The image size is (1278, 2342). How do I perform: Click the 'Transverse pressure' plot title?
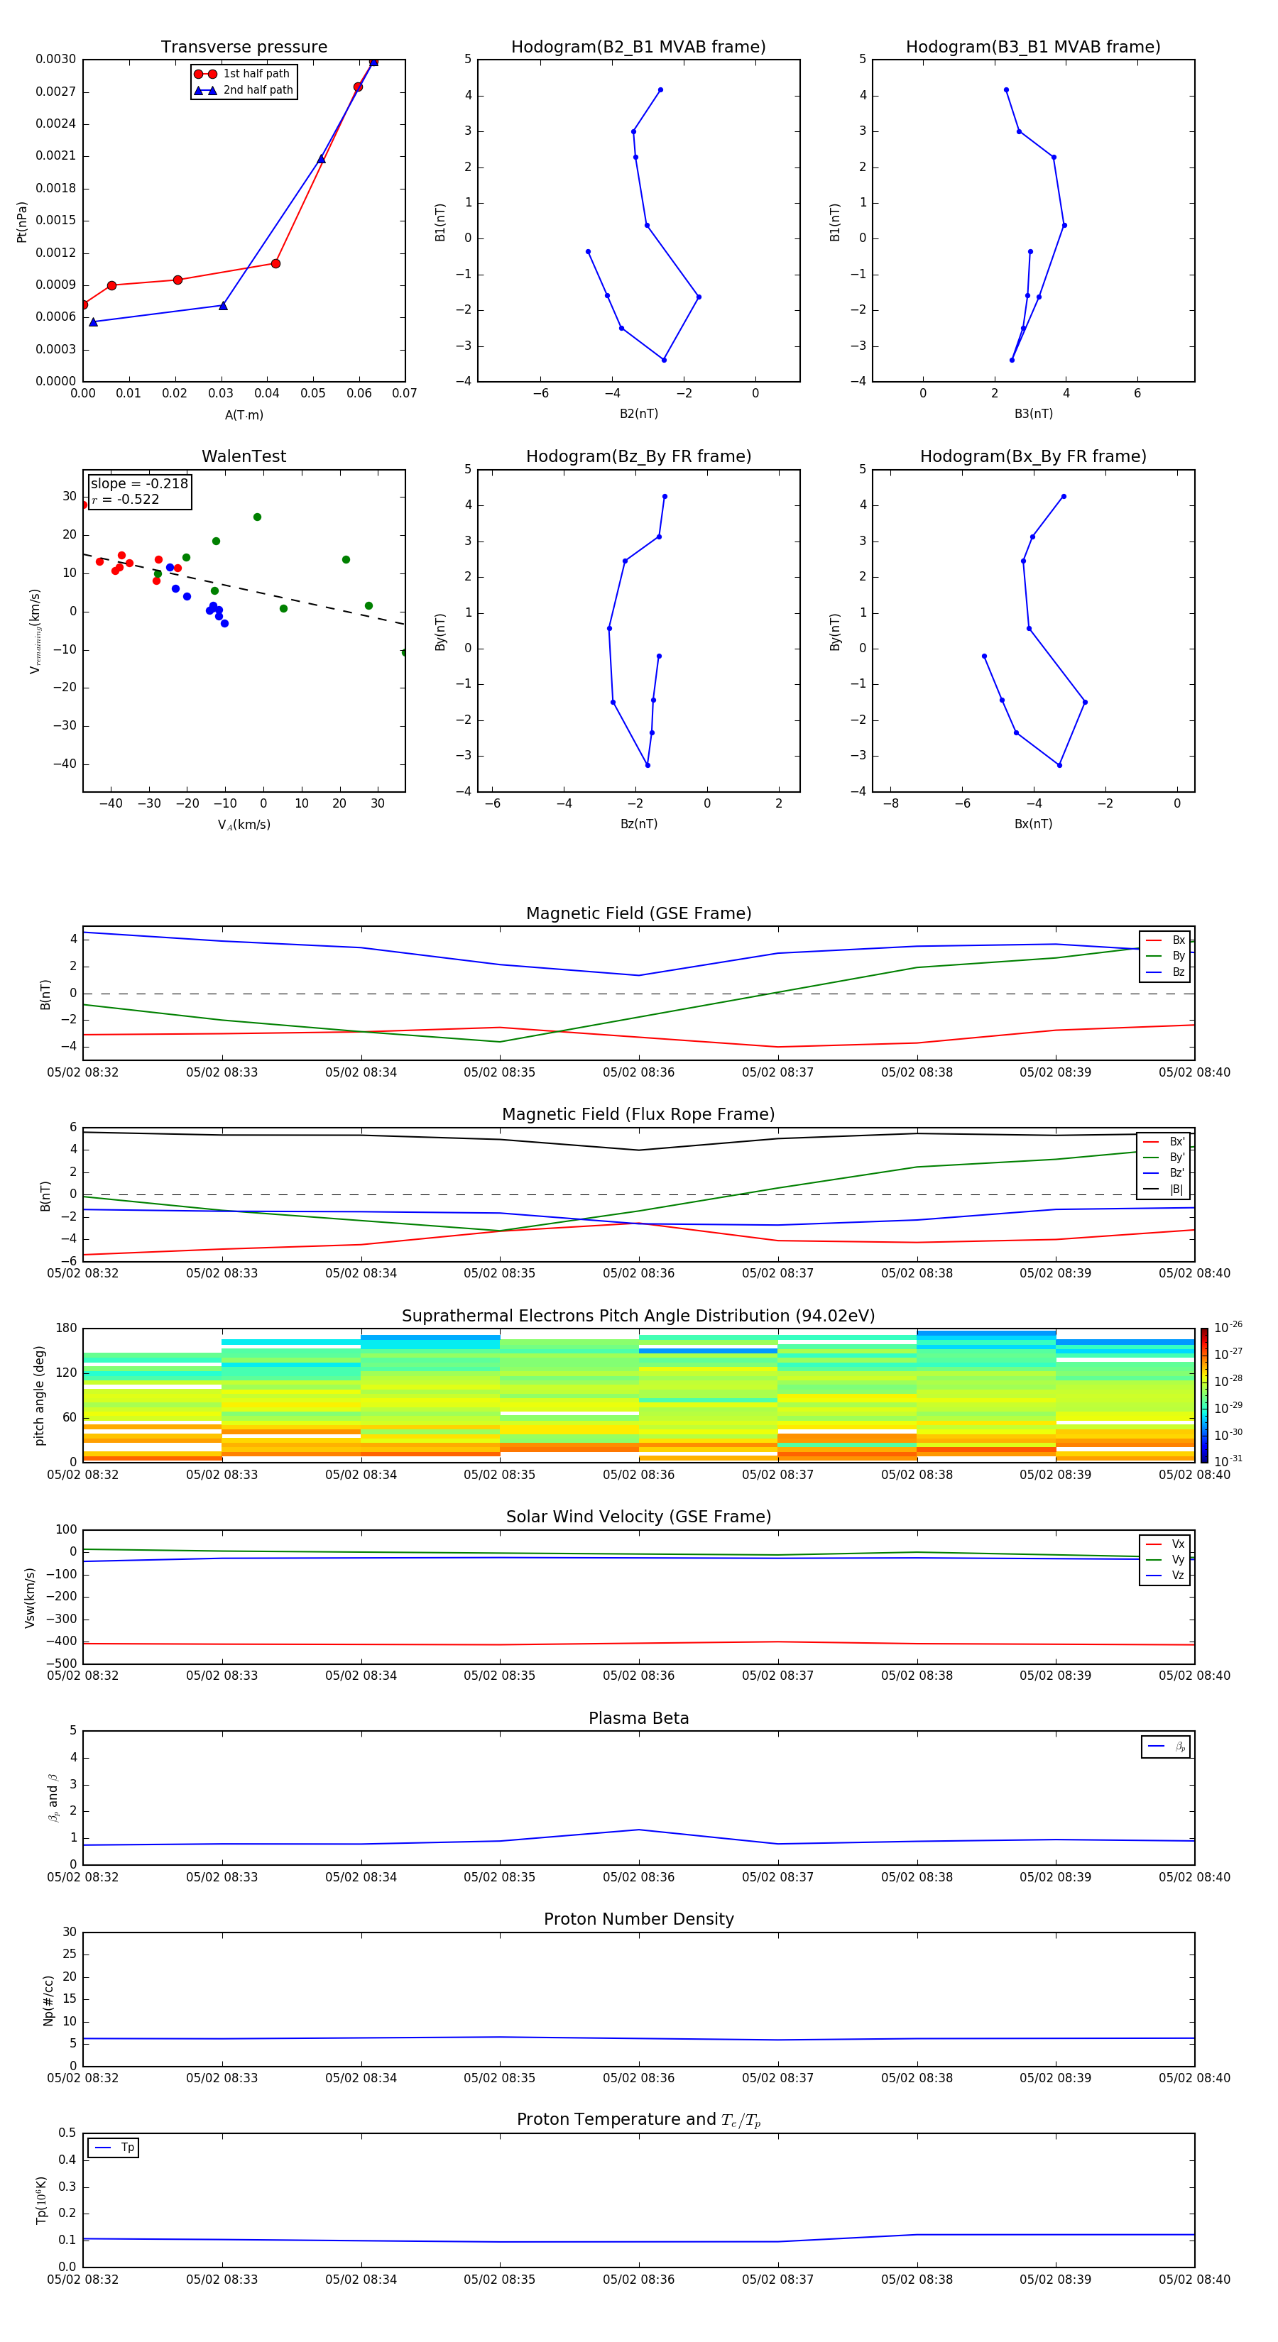point(244,48)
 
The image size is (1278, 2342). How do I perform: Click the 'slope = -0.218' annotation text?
point(138,484)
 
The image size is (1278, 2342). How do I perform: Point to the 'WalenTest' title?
point(244,456)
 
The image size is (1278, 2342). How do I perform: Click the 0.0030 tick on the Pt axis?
point(55,59)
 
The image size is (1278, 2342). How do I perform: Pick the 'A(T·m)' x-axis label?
point(244,415)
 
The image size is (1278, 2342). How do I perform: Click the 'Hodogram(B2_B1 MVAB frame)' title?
point(638,48)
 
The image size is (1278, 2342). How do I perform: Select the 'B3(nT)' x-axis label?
point(1033,414)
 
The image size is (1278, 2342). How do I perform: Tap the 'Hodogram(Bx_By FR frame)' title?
point(1032,456)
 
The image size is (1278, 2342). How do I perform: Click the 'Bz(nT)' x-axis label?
point(638,824)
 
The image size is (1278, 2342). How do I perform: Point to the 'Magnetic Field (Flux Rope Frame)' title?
point(638,1115)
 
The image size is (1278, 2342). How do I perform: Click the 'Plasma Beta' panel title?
point(638,1718)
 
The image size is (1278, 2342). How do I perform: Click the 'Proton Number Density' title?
point(638,1919)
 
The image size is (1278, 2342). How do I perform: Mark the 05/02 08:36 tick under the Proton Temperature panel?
point(638,2280)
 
